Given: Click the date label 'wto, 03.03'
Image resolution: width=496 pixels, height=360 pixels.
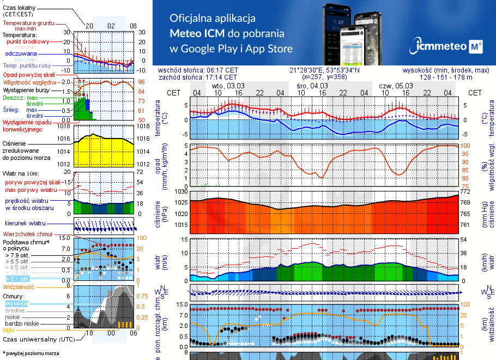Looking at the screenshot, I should (x=228, y=86).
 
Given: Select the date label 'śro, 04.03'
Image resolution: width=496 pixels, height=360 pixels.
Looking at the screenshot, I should (x=312, y=86).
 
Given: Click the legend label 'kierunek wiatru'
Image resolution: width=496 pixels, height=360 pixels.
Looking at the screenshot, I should (x=25, y=224).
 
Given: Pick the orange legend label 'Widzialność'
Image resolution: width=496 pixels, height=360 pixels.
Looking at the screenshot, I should (x=19, y=286).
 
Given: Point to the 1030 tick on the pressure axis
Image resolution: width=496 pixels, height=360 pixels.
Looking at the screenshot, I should (x=180, y=192).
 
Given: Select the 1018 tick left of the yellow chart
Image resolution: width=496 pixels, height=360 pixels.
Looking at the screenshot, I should (x=64, y=127).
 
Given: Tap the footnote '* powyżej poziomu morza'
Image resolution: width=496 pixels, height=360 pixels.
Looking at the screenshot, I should (x=31, y=353).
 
